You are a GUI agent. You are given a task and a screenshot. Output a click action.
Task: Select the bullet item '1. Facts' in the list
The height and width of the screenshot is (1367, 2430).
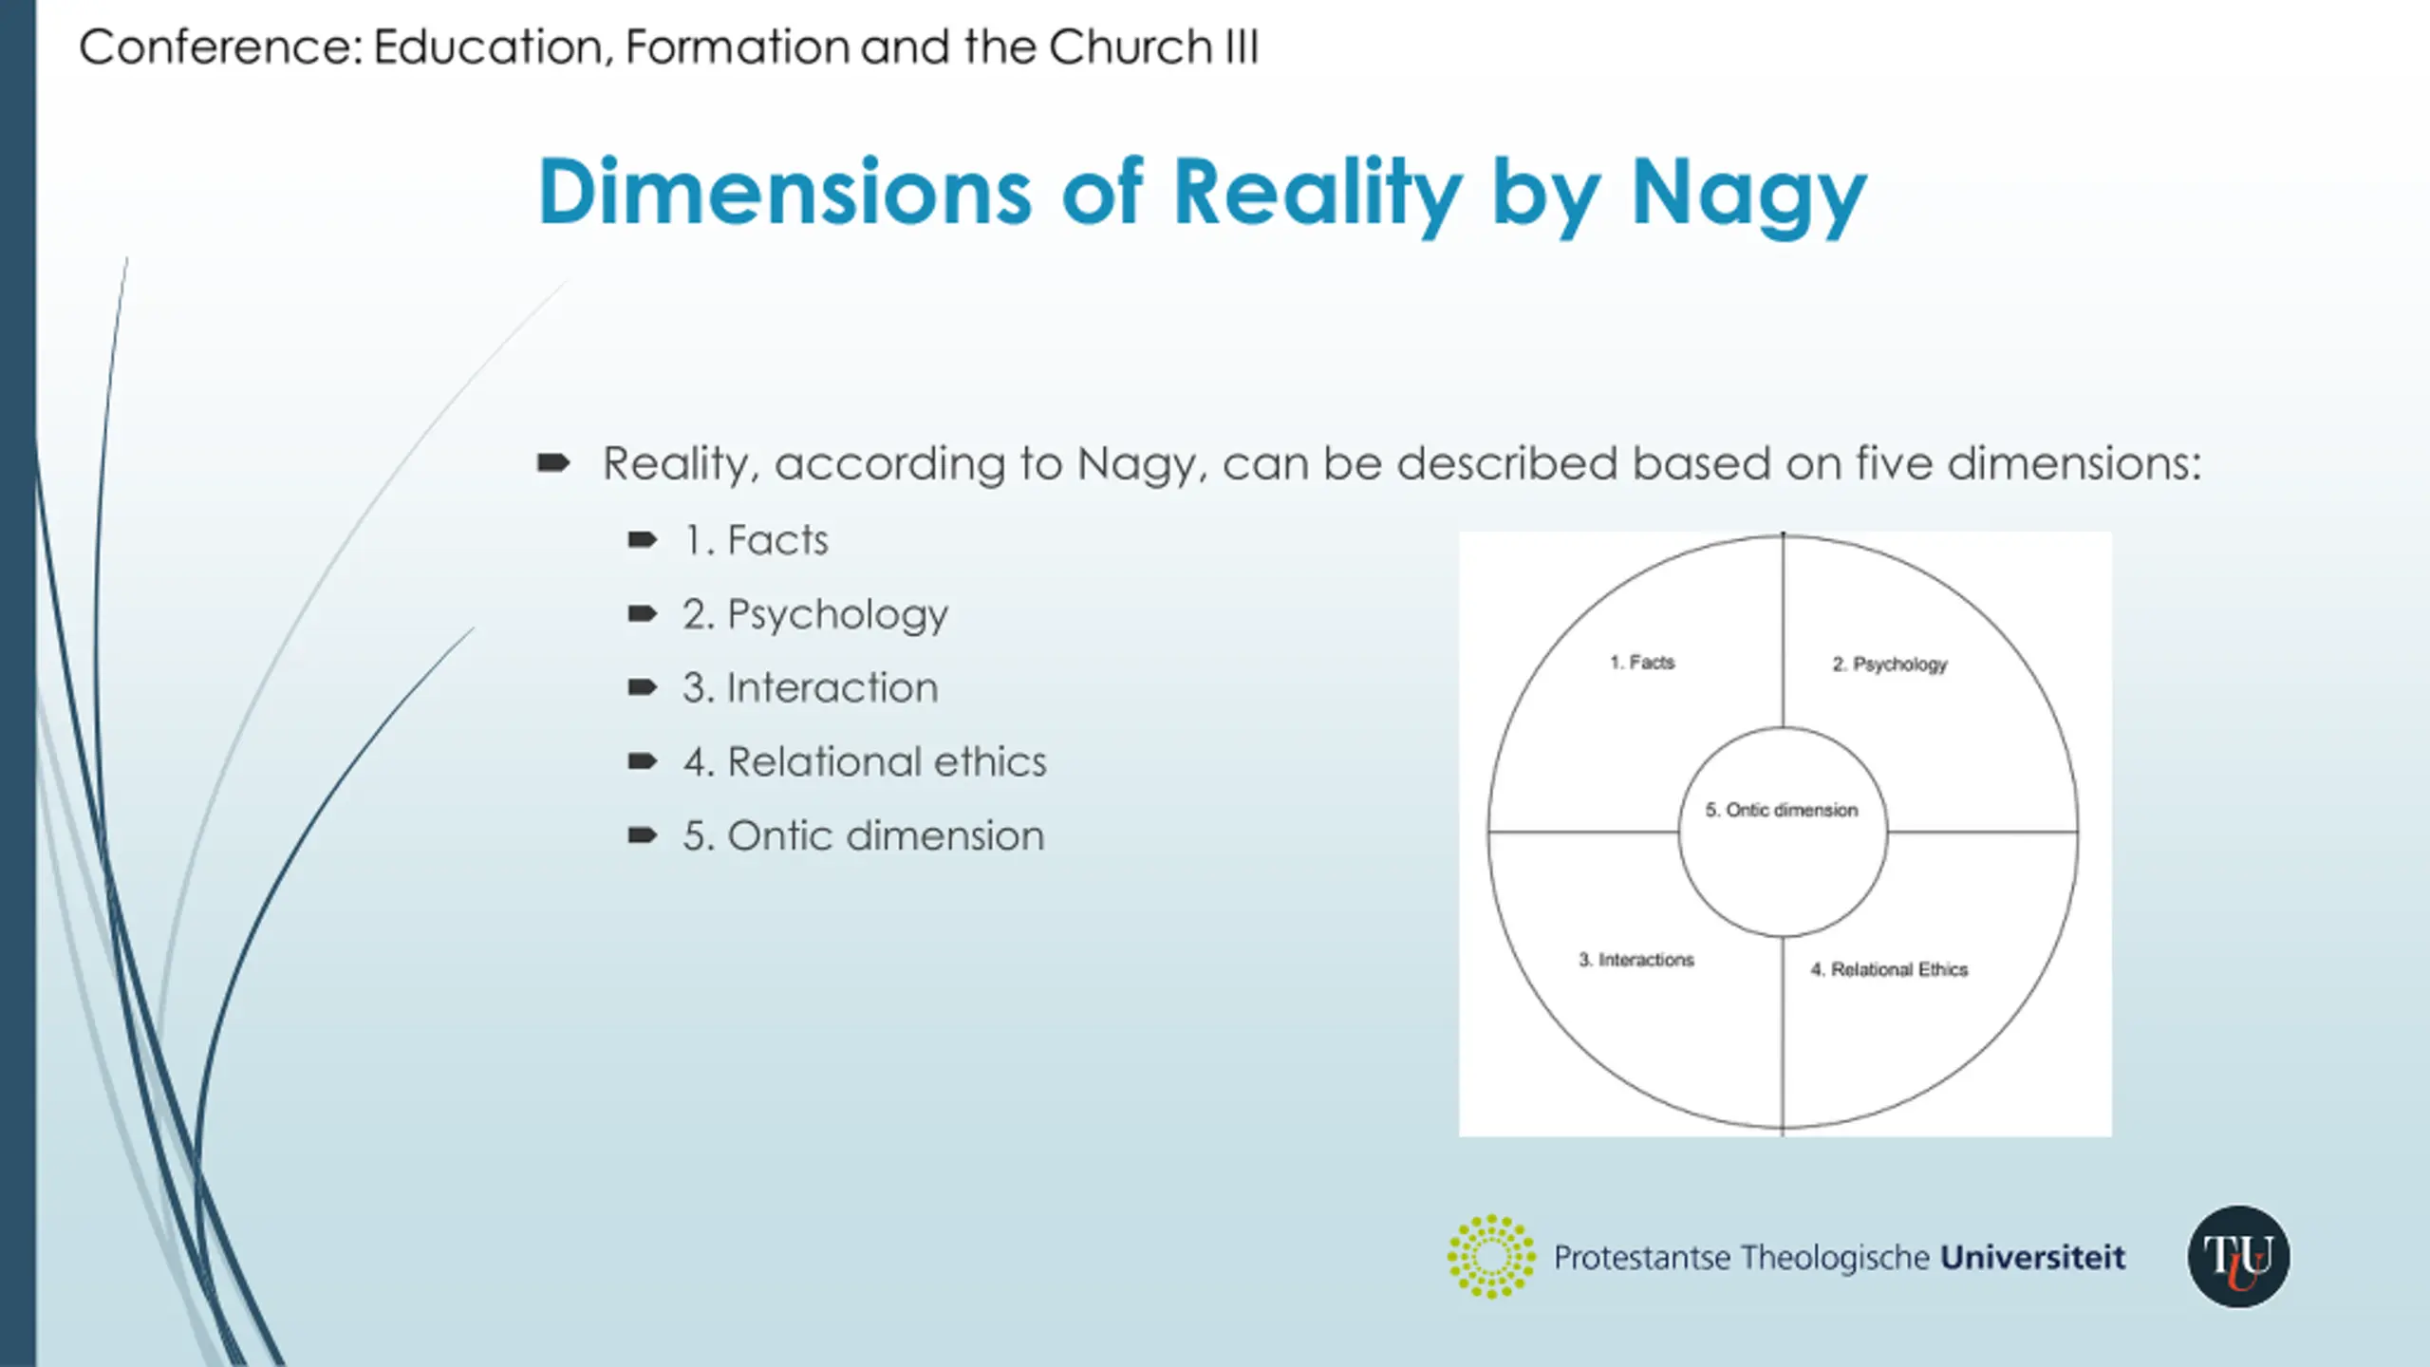[757, 541]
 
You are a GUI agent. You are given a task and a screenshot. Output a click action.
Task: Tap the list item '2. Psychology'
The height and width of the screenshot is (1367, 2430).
[815, 615]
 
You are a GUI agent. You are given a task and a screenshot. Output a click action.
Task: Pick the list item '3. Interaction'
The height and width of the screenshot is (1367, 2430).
[810, 688]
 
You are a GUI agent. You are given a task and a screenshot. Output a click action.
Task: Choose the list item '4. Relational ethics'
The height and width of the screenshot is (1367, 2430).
[865, 762]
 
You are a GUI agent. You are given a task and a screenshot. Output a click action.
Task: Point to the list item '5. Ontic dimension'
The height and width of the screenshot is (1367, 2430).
[863, 836]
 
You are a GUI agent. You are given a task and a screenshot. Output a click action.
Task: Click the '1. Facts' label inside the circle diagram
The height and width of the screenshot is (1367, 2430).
[1642, 663]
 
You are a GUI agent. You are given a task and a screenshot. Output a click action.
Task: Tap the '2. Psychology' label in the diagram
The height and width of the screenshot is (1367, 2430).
[1889, 665]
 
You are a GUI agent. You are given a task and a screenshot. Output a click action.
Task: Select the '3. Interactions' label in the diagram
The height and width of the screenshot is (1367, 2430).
[1636, 960]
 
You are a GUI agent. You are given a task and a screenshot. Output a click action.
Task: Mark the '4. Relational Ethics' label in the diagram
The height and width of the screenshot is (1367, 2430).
[1889, 969]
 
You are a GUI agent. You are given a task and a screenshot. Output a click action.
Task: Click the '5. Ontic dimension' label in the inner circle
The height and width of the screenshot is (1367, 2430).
[1782, 810]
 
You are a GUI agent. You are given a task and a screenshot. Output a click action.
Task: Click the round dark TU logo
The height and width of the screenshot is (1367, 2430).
[2238, 1257]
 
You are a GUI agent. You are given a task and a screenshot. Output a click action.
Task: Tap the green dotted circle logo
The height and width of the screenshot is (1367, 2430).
[1491, 1256]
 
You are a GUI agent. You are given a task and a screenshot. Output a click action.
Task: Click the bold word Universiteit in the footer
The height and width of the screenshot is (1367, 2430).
[2032, 1257]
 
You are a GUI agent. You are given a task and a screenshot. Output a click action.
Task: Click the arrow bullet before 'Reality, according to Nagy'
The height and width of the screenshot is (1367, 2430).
[553, 463]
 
